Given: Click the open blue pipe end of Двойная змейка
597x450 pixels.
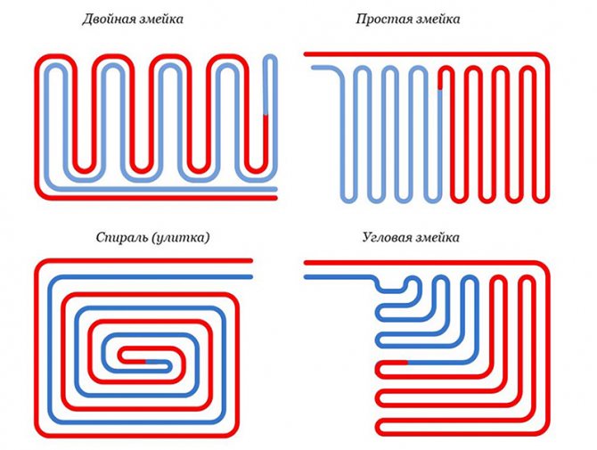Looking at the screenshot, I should click(x=276, y=187).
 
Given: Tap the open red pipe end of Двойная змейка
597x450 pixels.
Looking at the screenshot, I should click(x=276, y=198).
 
